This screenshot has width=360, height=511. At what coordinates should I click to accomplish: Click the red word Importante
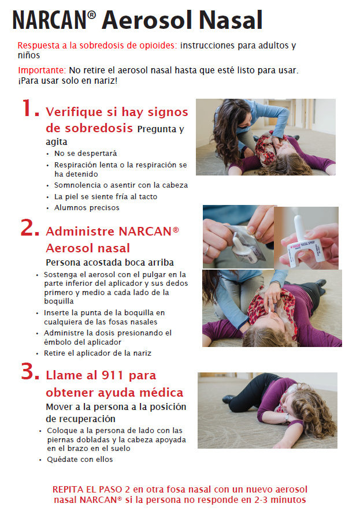(41, 70)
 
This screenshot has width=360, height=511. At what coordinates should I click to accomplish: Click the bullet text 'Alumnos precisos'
(87, 207)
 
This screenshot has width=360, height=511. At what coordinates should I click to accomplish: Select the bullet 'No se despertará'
(86, 154)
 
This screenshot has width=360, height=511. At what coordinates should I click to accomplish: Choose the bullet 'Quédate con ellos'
(80, 460)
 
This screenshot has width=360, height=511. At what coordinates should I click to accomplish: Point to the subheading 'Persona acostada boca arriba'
(109, 262)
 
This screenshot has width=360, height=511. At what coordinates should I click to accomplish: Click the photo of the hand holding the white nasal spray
(307, 237)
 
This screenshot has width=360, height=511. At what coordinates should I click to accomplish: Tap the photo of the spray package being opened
(237, 237)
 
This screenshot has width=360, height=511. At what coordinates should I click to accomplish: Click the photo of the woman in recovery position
(267, 411)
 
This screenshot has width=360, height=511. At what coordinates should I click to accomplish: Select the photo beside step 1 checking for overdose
(265, 137)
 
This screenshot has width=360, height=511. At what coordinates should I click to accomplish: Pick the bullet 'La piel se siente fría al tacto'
(105, 196)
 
